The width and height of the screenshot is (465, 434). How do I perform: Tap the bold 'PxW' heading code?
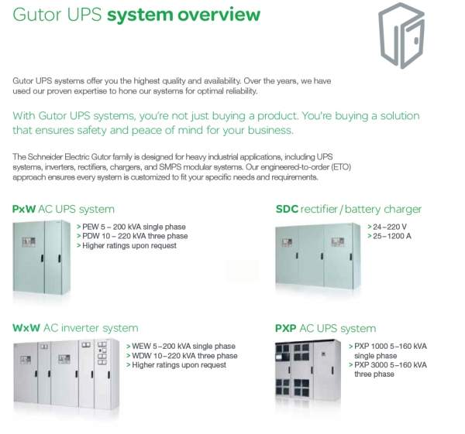[x=24, y=209]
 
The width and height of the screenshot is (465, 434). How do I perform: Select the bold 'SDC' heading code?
[x=287, y=209]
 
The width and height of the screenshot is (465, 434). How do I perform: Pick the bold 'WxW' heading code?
[x=26, y=328]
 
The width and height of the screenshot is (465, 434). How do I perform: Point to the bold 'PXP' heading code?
[x=285, y=328]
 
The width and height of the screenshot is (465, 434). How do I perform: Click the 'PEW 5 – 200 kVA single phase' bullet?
[x=131, y=227]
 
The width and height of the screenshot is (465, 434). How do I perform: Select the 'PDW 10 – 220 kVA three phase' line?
[x=132, y=236]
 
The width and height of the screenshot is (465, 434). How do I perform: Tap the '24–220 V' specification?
[x=387, y=227]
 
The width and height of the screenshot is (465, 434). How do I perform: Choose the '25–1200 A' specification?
[x=389, y=236]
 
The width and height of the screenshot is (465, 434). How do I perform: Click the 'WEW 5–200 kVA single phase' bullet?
[x=181, y=346]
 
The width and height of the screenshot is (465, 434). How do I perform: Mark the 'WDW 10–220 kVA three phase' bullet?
[x=182, y=356]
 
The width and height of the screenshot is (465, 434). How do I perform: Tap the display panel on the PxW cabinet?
[x=29, y=242]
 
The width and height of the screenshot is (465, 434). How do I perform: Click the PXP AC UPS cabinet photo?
[x=308, y=371]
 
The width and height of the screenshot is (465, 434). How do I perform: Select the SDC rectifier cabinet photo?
[x=318, y=256]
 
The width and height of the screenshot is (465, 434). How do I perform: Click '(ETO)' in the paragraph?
[x=341, y=167]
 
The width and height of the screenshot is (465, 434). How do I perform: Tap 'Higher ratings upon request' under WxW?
[x=177, y=365]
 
